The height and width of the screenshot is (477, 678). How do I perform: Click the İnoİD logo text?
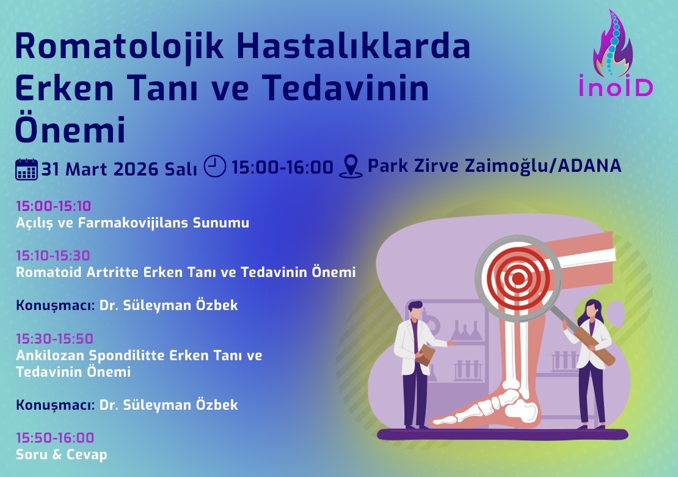(x=616, y=86)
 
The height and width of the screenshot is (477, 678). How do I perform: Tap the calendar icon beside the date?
(x=26, y=168)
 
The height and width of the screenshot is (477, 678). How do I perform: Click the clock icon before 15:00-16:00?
(x=214, y=166)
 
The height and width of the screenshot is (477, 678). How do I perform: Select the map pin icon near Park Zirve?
(x=351, y=166)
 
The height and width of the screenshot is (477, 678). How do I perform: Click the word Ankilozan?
(x=51, y=355)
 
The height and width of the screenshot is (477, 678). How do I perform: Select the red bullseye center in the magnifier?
(x=518, y=279)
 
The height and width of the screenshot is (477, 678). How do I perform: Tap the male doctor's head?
(x=415, y=309)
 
